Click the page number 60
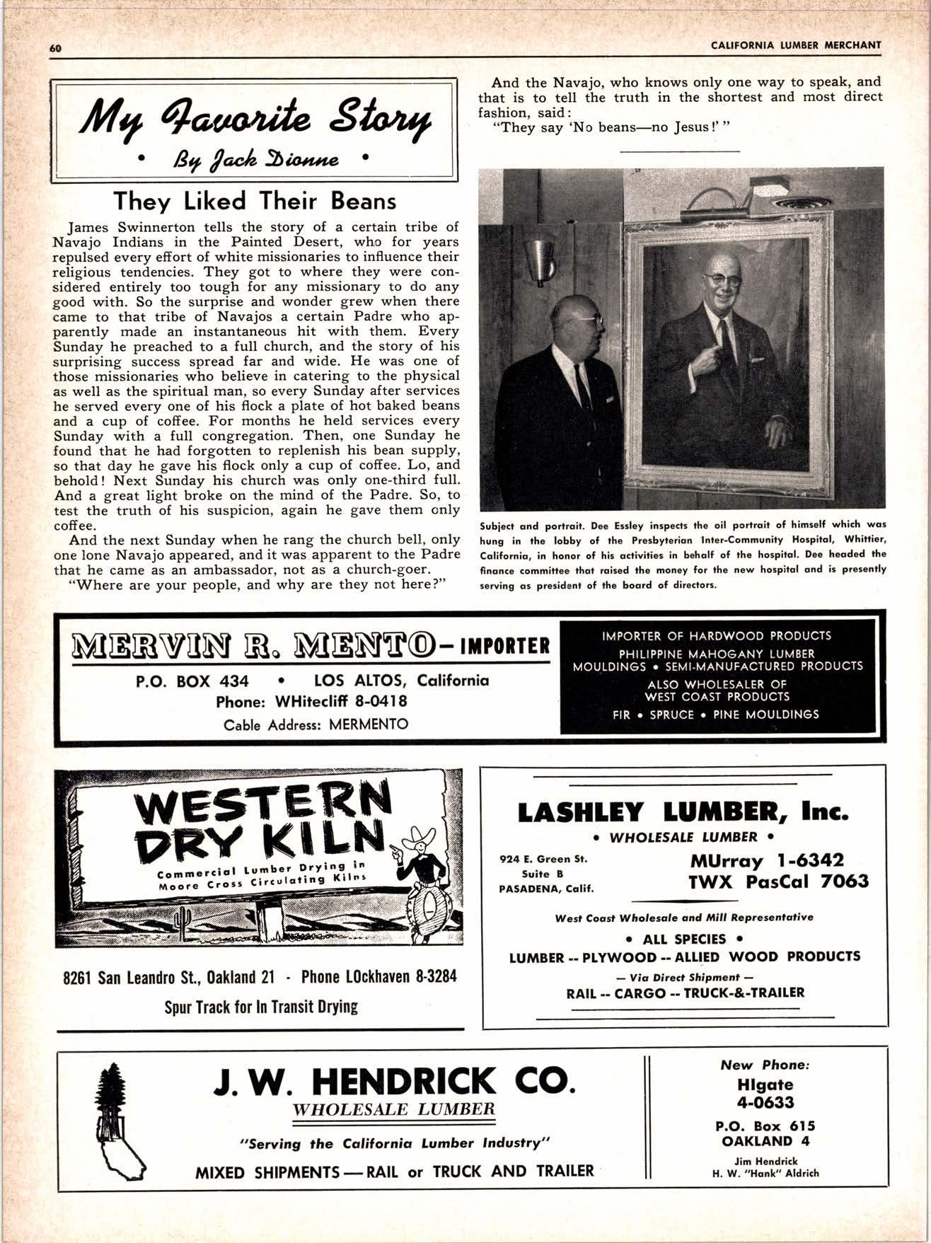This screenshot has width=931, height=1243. (56, 48)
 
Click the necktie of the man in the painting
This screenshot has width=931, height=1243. (724, 340)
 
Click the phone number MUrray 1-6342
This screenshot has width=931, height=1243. (766, 861)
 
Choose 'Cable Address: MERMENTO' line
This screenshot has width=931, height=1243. (316, 725)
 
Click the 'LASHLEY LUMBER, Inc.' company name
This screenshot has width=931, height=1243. (683, 812)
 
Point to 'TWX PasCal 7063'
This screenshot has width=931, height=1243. (778, 881)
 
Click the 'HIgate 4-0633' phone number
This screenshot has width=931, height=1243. (765, 1093)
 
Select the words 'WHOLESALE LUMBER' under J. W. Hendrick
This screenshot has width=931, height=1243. (394, 1109)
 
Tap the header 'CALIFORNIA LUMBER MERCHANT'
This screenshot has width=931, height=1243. (796, 45)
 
